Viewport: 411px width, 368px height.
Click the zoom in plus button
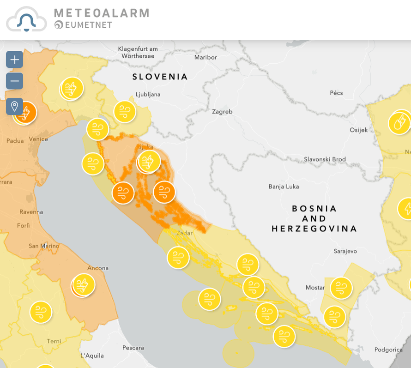[x=14, y=60]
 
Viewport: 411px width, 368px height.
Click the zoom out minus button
[x=14, y=81]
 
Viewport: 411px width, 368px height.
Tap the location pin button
[x=14, y=107]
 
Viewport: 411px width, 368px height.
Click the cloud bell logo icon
[x=26, y=19]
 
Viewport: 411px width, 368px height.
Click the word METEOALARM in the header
[x=101, y=13]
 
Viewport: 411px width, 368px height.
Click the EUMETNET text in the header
[x=88, y=25]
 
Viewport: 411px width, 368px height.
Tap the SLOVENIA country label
[x=160, y=77]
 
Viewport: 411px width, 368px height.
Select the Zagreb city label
[x=222, y=112]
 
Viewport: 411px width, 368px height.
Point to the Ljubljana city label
[x=148, y=94]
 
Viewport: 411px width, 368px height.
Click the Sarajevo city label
[x=345, y=251]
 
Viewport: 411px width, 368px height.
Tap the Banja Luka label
[x=284, y=187]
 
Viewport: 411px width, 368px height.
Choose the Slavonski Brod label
[x=325, y=159]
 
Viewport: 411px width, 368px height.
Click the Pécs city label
[x=336, y=93]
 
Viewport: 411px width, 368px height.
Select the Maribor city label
[x=205, y=57]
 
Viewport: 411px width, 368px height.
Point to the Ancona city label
[x=98, y=268]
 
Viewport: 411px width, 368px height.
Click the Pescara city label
[x=133, y=348]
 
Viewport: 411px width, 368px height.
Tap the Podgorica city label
[x=388, y=350]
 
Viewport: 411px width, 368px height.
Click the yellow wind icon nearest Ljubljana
[x=125, y=111]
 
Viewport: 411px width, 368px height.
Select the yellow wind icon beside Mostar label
[x=341, y=288]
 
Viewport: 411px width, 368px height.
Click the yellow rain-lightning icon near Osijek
[x=399, y=123]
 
